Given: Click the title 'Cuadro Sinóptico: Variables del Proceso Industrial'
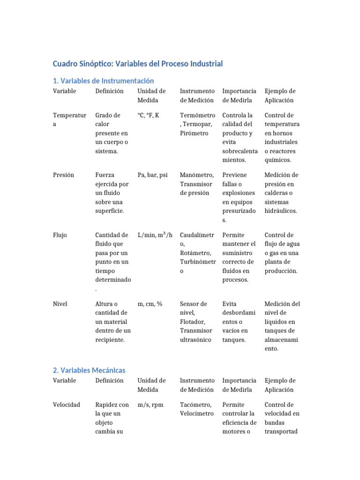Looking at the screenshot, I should click(x=138, y=63).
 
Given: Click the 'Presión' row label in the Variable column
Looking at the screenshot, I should click(x=64, y=175).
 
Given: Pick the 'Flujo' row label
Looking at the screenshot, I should click(x=60, y=235).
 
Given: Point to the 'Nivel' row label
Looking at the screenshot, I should click(x=60, y=304).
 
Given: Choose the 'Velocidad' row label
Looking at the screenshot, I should click(x=67, y=405).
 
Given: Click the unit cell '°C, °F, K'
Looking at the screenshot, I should click(x=148, y=115).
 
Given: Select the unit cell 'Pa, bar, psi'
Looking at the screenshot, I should click(x=152, y=175).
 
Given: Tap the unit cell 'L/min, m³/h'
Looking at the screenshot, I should click(x=155, y=235).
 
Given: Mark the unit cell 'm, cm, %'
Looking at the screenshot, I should click(x=150, y=304).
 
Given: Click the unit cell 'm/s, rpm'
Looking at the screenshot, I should click(x=150, y=405).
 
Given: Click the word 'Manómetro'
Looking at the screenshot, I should click(x=196, y=175).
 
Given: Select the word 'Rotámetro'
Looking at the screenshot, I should click(x=195, y=253).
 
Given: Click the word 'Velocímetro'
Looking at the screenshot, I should click(x=197, y=413).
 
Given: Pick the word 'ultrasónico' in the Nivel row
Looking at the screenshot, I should click(x=196, y=340).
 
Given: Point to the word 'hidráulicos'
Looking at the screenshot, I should click(x=281, y=211).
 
